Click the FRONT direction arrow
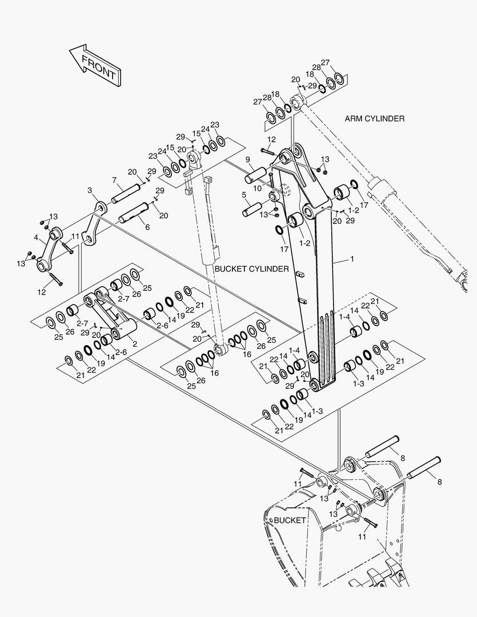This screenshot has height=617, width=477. click(x=94, y=65)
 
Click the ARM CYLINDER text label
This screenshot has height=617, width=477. click(x=374, y=119)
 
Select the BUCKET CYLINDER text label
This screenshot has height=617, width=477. click(x=251, y=269)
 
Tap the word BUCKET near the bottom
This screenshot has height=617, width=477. click(x=290, y=520)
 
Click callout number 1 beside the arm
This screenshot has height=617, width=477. click(x=352, y=259)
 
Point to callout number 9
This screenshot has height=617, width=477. click(x=248, y=159)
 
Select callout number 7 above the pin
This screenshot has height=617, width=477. click(x=114, y=180)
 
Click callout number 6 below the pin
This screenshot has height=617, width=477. click(x=147, y=227)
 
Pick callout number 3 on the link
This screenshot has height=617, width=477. click(x=90, y=190)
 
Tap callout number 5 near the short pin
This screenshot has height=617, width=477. click(x=244, y=195)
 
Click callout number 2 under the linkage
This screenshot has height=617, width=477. click(x=134, y=344)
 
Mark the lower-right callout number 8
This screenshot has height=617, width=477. click(x=439, y=482)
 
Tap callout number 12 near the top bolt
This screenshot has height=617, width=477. click(x=271, y=139)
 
